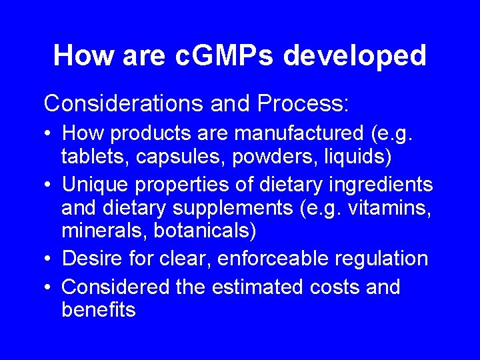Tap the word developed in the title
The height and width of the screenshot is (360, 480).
[355, 56]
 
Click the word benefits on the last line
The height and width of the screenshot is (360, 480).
[99, 309]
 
